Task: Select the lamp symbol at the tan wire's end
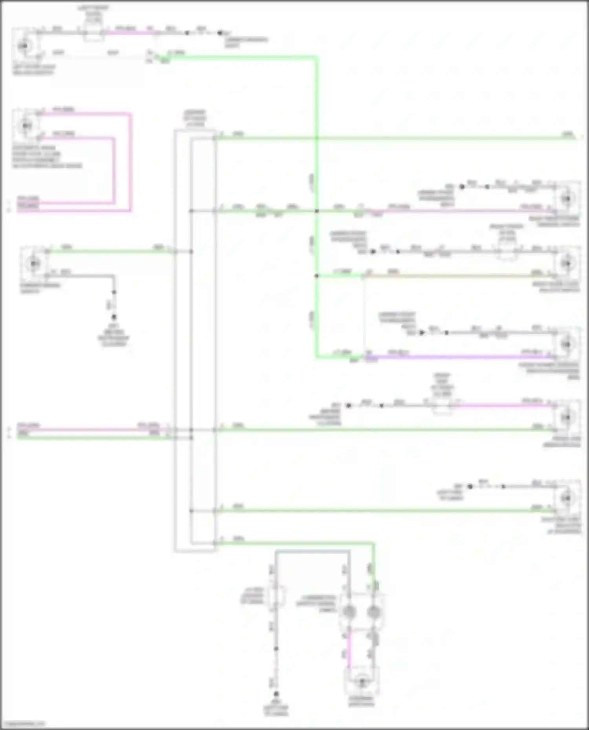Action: pos(567,263)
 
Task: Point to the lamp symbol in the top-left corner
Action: pos(24,46)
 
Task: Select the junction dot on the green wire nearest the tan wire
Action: pos(316,276)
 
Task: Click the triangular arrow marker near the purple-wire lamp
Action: pos(422,333)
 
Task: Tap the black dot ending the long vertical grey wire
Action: pos(276,694)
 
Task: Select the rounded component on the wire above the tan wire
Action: pos(507,252)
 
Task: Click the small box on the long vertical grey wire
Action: pos(277,597)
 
